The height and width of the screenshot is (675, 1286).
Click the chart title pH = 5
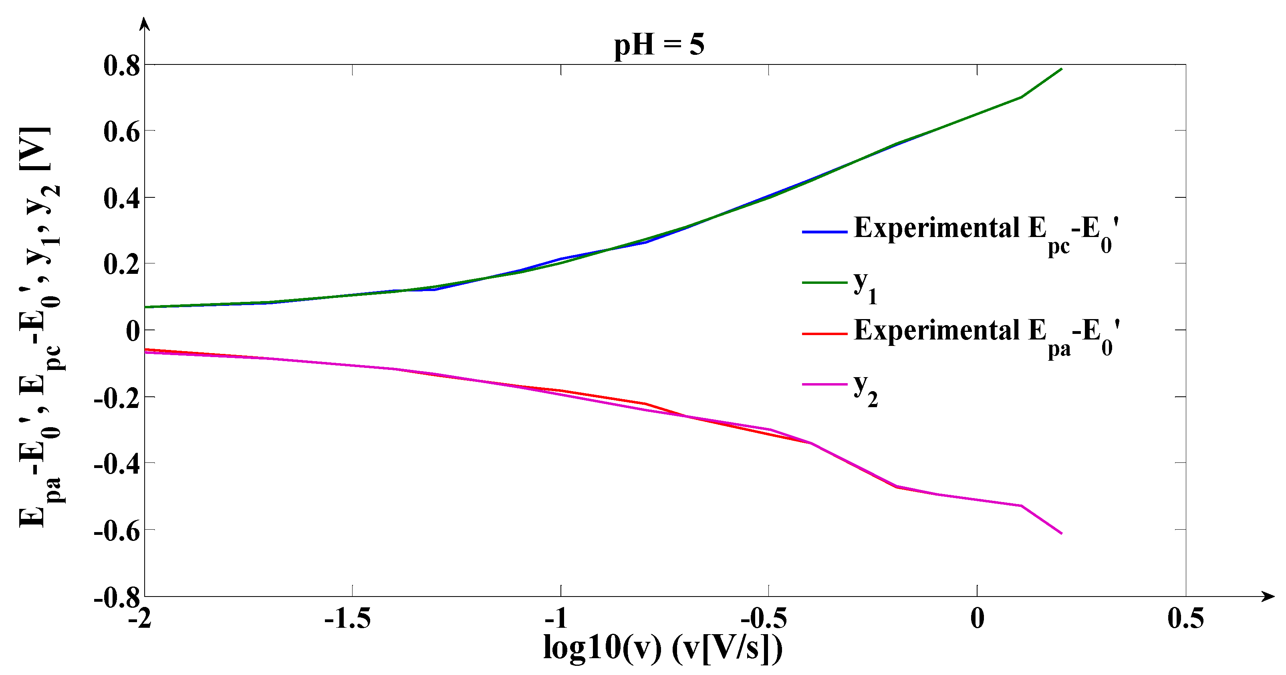[x=659, y=45]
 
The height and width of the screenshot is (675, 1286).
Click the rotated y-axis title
[x=40, y=327]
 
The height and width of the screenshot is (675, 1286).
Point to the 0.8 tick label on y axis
[x=122, y=66]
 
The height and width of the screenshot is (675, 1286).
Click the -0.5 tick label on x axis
[x=764, y=619]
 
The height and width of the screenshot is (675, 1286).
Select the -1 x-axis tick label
[x=556, y=619]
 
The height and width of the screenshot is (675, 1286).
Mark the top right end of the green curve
[x=1061, y=69]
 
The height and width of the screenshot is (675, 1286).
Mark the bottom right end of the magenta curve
[x=1061, y=533]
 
